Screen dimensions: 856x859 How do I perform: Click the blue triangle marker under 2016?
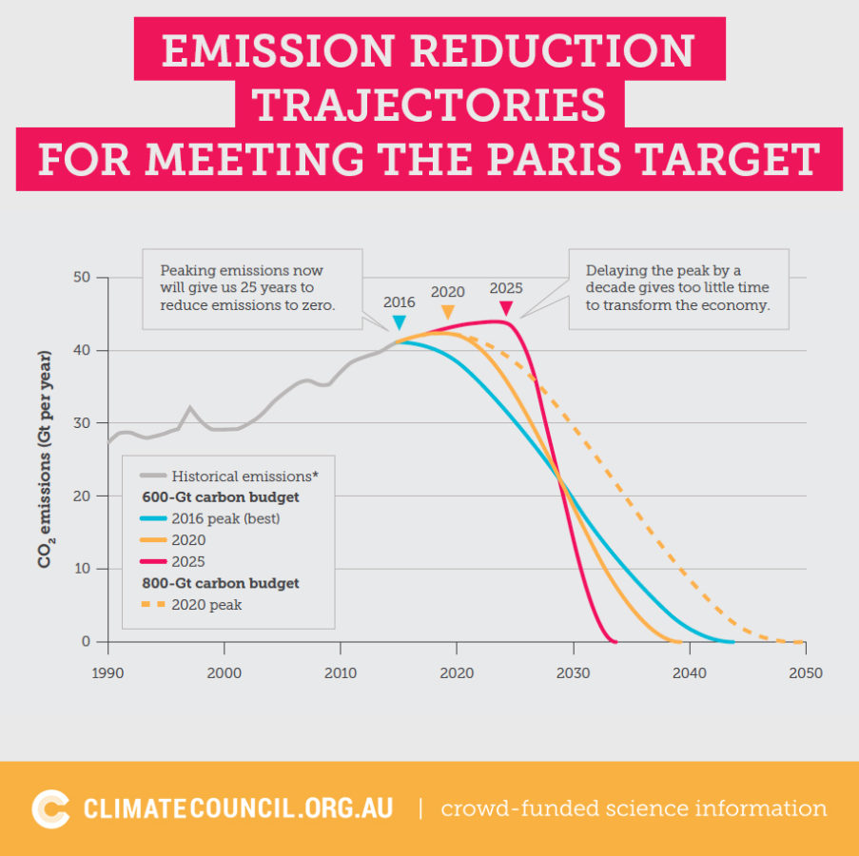point(400,323)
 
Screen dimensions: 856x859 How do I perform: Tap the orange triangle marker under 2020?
point(447,312)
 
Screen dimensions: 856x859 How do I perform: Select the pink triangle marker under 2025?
point(506,308)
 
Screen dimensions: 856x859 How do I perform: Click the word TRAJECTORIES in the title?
point(429,104)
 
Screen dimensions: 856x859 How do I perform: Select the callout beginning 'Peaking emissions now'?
point(252,288)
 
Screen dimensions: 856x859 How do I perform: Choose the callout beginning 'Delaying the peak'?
point(677,288)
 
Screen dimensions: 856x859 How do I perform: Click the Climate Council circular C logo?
point(50,808)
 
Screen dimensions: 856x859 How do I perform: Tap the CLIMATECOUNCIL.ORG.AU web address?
point(238,808)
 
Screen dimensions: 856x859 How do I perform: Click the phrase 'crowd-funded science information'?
point(634,808)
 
